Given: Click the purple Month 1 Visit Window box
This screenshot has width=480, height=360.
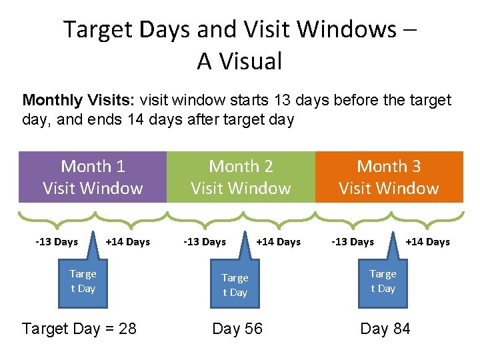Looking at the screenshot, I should [93, 177].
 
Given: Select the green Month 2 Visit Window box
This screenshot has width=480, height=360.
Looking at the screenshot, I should [241, 177].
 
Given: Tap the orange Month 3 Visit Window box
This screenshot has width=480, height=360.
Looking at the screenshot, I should [389, 177].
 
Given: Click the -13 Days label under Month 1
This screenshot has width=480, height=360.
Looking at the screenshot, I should [57, 242].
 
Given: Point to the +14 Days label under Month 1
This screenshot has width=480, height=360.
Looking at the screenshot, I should [127, 242].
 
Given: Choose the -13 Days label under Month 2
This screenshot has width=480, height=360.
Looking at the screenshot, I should [205, 242].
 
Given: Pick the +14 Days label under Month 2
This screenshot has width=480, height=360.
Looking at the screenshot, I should [278, 242].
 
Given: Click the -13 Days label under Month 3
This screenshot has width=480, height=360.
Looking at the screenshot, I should [353, 242].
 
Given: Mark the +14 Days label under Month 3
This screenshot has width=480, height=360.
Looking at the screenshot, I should [427, 242].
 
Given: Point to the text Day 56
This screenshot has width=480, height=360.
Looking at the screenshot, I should [237, 329].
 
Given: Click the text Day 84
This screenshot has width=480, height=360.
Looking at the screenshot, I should [385, 329].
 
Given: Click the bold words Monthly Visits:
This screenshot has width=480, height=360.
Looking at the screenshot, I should [79, 101].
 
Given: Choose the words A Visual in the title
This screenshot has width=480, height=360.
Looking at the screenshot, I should [240, 61].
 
